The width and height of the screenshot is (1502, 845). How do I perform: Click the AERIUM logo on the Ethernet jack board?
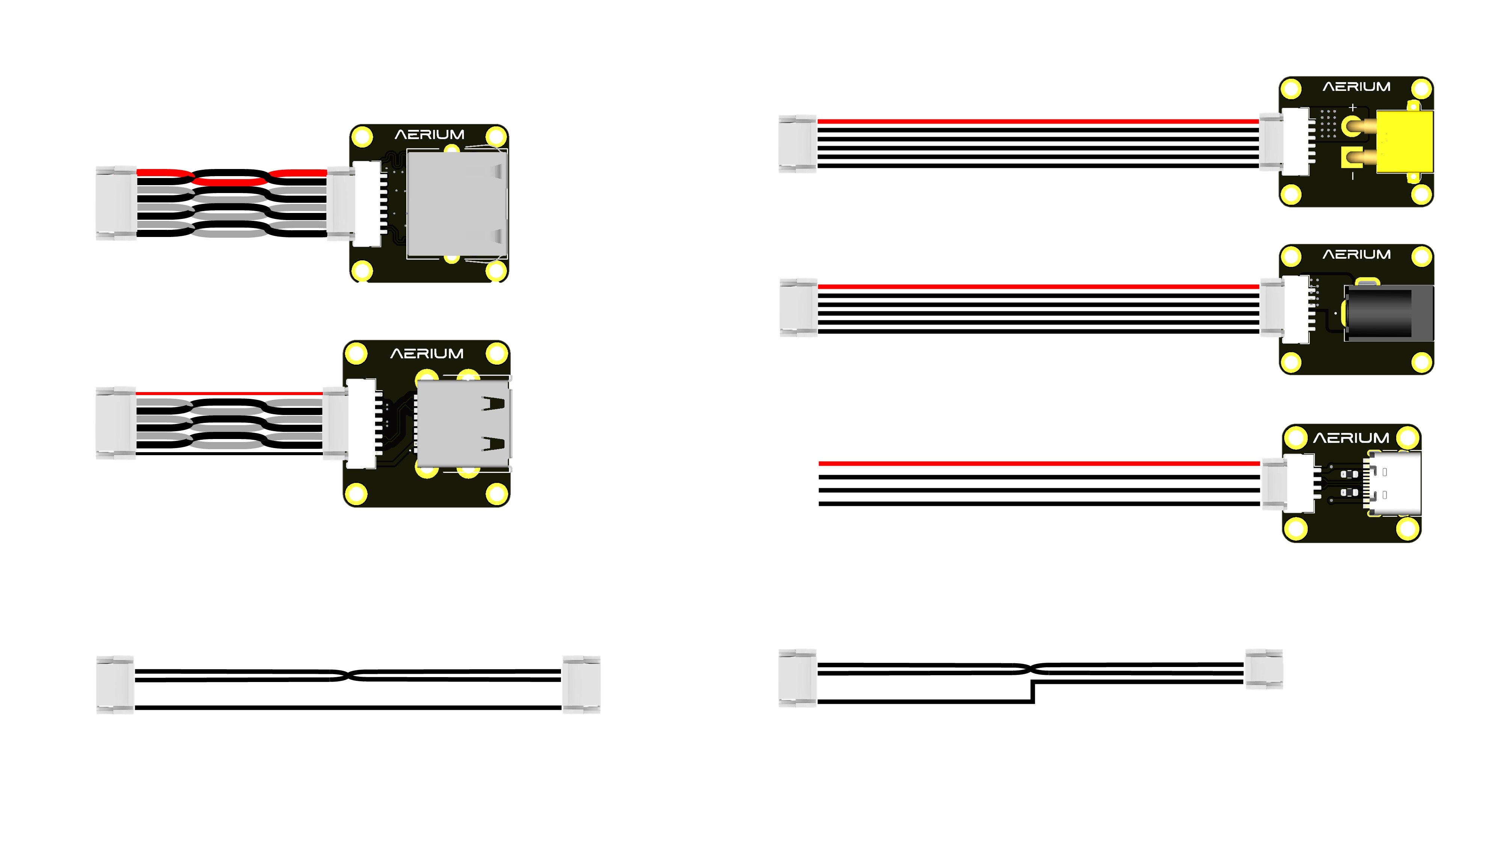(x=429, y=135)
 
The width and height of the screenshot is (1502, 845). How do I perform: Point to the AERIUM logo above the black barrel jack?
(x=1356, y=255)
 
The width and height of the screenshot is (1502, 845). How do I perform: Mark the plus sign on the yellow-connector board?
(x=1353, y=108)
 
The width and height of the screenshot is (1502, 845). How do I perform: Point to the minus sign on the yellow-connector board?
(x=1353, y=175)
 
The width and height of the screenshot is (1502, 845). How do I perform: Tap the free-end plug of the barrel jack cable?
(x=798, y=308)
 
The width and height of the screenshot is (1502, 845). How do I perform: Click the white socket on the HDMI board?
(x=362, y=423)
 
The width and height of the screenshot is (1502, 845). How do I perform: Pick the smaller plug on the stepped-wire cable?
(x=1264, y=669)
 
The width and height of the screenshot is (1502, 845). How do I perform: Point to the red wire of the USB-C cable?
(x=1038, y=463)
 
